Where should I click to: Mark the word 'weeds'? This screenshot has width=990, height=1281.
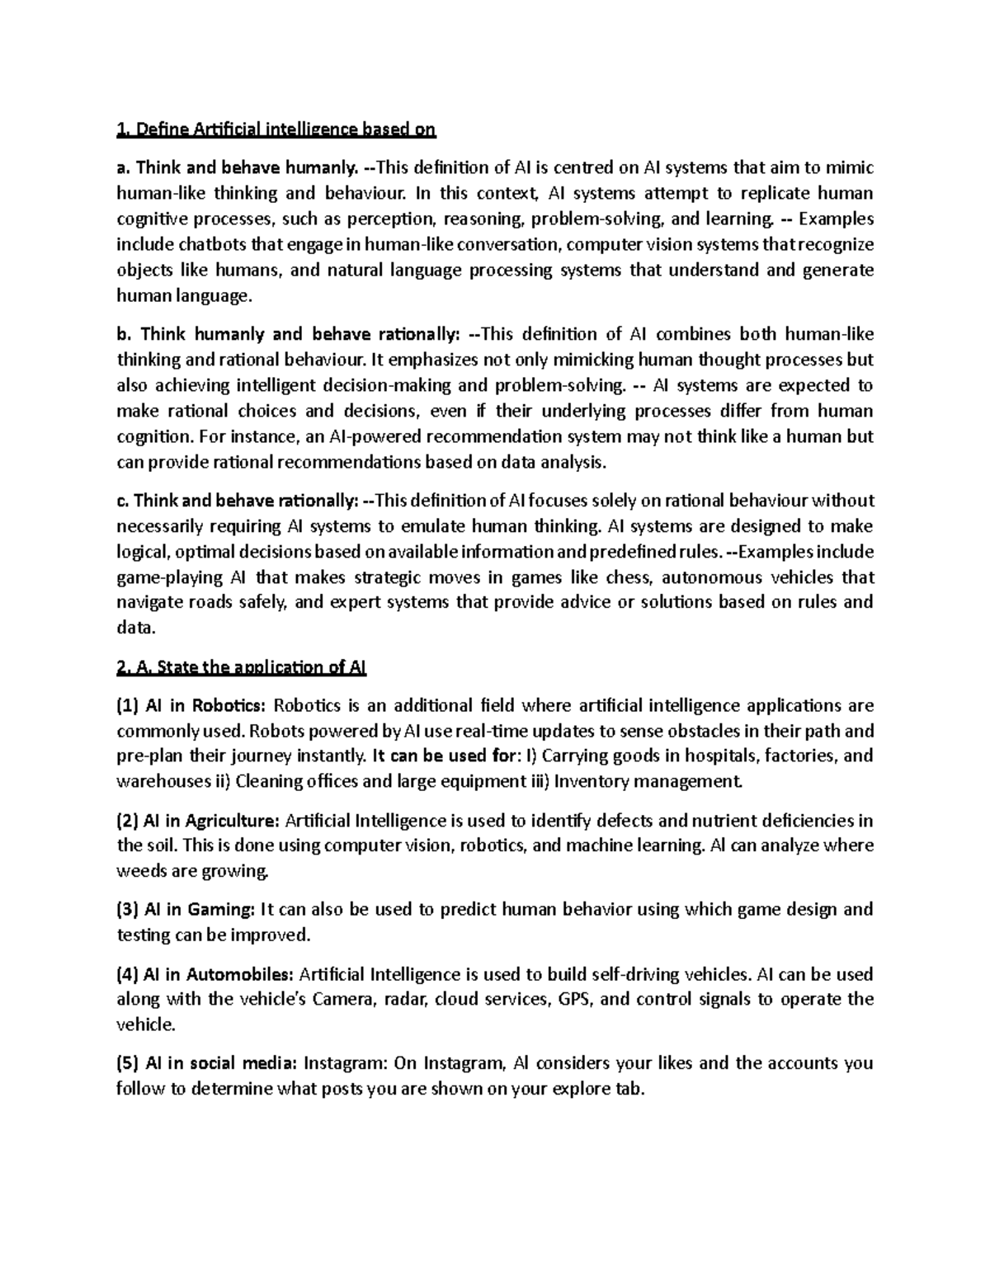[x=140, y=871]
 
